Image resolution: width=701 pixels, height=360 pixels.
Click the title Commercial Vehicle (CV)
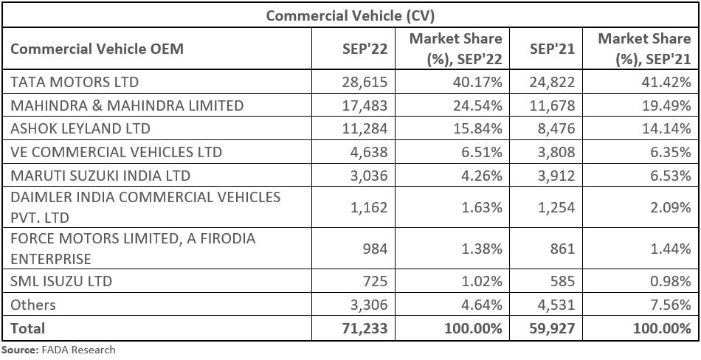click(x=350, y=15)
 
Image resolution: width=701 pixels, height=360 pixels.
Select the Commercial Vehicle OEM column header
click(x=97, y=49)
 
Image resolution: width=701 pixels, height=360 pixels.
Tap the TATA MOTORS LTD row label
click(x=75, y=82)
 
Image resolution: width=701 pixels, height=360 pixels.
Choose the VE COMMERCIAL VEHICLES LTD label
click(x=116, y=153)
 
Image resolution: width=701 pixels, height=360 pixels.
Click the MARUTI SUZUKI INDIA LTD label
click(x=100, y=176)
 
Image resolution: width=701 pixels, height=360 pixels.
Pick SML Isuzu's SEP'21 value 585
click(x=561, y=282)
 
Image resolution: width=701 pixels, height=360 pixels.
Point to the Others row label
click(x=33, y=305)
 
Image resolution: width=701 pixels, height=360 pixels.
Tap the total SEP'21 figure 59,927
click(x=550, y=328)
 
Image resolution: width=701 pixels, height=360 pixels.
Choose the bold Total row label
click(x=28, y=328)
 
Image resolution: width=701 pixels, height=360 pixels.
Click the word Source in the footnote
click(x=18, y=350)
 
